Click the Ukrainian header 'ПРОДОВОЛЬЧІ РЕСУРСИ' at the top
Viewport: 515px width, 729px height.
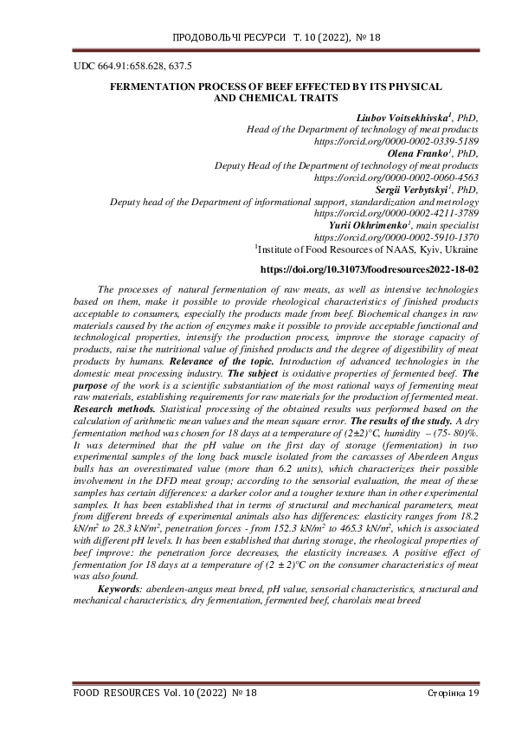click(222, 40)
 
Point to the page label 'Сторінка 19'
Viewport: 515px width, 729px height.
click(453, 694)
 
